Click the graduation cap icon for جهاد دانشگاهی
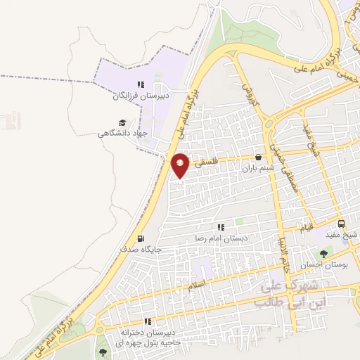coord(122,122)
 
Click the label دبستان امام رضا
coord(219,238)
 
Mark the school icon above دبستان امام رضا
coord(221,227)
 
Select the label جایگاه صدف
coord(143,249)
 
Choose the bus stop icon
coord(341,224)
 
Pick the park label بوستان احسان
coord(321,265)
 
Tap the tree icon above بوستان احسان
coord(324,254)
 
